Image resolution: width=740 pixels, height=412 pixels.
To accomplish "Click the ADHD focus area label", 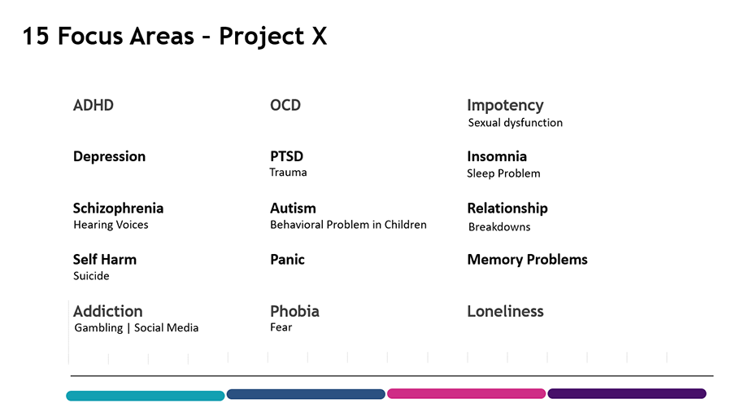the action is (94, 105).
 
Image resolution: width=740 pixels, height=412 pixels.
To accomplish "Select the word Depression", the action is (109, 156).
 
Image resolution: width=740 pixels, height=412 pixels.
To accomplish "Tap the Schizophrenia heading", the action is (118, 208).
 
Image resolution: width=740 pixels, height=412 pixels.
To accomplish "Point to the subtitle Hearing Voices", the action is (111, 225).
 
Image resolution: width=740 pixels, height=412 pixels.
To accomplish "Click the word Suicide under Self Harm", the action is (91, 276).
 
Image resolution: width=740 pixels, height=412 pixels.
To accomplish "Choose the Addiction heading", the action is (107, 311).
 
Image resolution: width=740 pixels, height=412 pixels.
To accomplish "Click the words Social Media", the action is (166, 328).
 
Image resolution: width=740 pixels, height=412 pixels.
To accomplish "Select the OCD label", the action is (285, 105).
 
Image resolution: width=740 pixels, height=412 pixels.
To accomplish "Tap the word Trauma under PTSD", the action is (288, 173).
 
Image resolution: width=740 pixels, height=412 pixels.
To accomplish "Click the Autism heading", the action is (293, 208).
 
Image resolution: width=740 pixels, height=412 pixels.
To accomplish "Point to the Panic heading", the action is (287, 260).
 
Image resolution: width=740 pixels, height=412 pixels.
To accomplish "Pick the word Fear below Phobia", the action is (281, 327).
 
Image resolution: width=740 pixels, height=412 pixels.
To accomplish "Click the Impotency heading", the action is (506, 106).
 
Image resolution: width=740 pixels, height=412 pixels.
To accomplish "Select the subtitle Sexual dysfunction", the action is (516, 123).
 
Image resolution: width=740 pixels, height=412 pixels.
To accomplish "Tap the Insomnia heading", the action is (497, 156).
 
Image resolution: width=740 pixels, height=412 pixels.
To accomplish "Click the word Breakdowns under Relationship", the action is (499, 227).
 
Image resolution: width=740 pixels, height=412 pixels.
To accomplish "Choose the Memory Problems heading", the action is (527, 260).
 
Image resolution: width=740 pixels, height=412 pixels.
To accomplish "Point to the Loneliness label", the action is (506, 311).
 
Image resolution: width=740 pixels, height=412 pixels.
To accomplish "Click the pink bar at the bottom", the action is (466, 393).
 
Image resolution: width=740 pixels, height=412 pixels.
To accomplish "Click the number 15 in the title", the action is (36, 37).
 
